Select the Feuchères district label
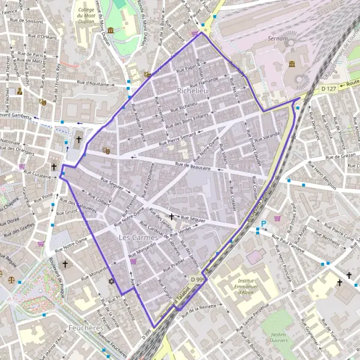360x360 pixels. (x=86, y=328)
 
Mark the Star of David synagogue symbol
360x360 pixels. (x=110, y=281)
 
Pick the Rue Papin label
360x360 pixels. (x=187, y=68)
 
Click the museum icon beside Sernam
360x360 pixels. (x=292, y=64)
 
